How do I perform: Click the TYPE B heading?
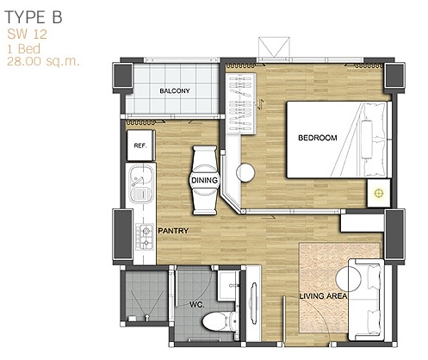click(x=34, y=17)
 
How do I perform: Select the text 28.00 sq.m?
click(x=43, y=61)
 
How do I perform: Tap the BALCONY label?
click(x=175, y=91)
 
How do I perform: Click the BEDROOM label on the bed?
click(x=318, y=138)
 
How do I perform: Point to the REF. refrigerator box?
click(x=140, y=146)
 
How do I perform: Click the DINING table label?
click(x=204, y=180)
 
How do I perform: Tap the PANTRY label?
click(x=173, y=231)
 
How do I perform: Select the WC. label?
click(x=197, y=304)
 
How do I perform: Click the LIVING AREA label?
click(x=323, y=296)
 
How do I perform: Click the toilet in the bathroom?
click(x=220, y=321)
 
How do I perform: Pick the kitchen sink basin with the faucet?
click(x=141, y=176)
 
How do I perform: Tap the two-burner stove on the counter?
click(x=145, y=237)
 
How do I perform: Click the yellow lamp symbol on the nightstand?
click(x=379, y=193)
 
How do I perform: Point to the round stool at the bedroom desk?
click(x=245, y=172)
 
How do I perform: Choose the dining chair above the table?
click(x=205, y=156)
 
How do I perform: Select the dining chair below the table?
click(x=205, y=204)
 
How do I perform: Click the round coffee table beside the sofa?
click(x=349, y=278)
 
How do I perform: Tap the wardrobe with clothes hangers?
click(x=240, y=103)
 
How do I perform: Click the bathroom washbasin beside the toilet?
click(x=229, y=285)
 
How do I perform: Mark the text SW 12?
click(x=27, y=34)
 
